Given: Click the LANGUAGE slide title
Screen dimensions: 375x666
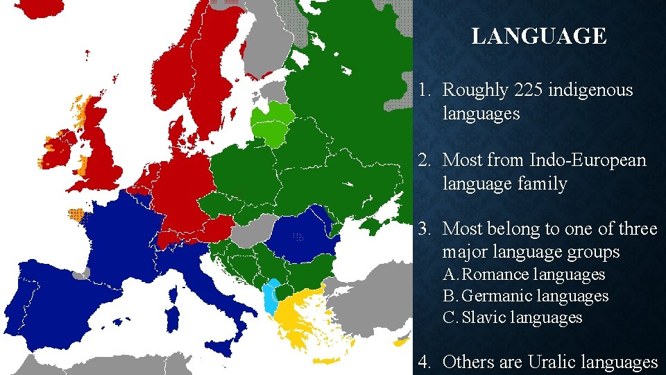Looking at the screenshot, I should pos(539,36).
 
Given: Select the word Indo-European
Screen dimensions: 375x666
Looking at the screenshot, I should pos(587,160).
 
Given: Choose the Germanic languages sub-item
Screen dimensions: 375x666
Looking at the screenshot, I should pos(534,296).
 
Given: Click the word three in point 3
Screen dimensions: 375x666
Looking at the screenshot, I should pos(634,228).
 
